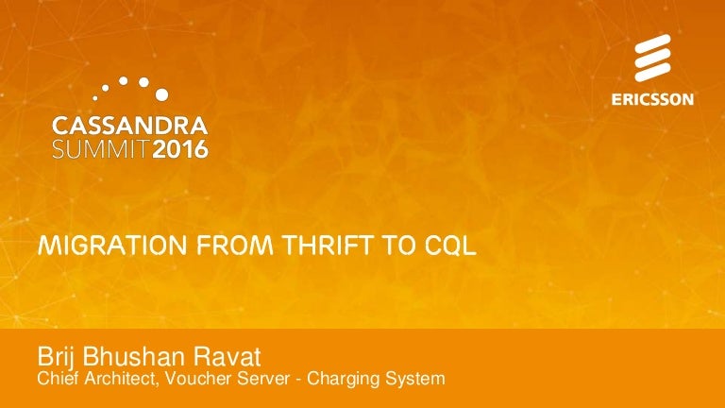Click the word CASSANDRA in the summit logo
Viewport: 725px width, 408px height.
(x=130, y=126)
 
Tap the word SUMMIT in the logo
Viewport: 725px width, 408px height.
(x=101, y=149)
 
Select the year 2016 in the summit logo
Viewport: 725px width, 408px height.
(x=180, y=149)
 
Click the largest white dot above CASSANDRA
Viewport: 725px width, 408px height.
(x=161, y=94)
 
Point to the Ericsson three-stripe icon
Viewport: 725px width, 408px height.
(x=652, y=58)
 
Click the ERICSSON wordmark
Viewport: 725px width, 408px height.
(x=652, y=99)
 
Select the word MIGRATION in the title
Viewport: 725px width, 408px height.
(x=112, y=246)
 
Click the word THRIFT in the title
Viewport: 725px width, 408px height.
(x=327, y=246)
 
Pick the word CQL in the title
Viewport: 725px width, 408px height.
(x=450, y=246)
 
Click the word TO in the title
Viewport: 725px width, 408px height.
(x=397, y=246)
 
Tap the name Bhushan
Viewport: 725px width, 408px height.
(x=134, y=357)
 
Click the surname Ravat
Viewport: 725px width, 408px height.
(x=227, y=357)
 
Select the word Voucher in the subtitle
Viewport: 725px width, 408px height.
(x=199, y=379)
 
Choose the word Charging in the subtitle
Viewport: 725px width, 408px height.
(x=344, y=380)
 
